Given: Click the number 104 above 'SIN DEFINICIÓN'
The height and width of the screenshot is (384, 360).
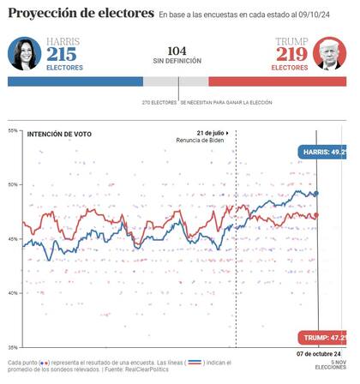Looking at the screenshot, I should click(x=177, y=51).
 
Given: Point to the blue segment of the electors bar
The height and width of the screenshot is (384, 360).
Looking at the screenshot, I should click(x=75, y=81).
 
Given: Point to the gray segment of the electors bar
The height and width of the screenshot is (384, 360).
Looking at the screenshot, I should click(x=176, y=81).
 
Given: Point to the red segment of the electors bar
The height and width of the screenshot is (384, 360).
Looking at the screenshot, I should click(x=277, y=81).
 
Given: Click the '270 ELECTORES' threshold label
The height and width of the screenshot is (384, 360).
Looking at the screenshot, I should click(x=160, y=102).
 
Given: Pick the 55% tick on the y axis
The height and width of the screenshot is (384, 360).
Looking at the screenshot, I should click(x=13, y=130).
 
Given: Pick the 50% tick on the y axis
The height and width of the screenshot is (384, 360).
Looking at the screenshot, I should click(x=13, y=184).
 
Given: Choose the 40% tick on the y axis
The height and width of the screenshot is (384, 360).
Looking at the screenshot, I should click(x=13, y=292).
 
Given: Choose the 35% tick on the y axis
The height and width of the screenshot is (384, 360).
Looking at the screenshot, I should click(x=13, y=346).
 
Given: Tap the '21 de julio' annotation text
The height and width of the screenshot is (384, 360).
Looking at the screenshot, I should click(x=211, y=133).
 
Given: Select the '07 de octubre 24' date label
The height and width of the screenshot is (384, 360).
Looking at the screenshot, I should click(x=319, y=354).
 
